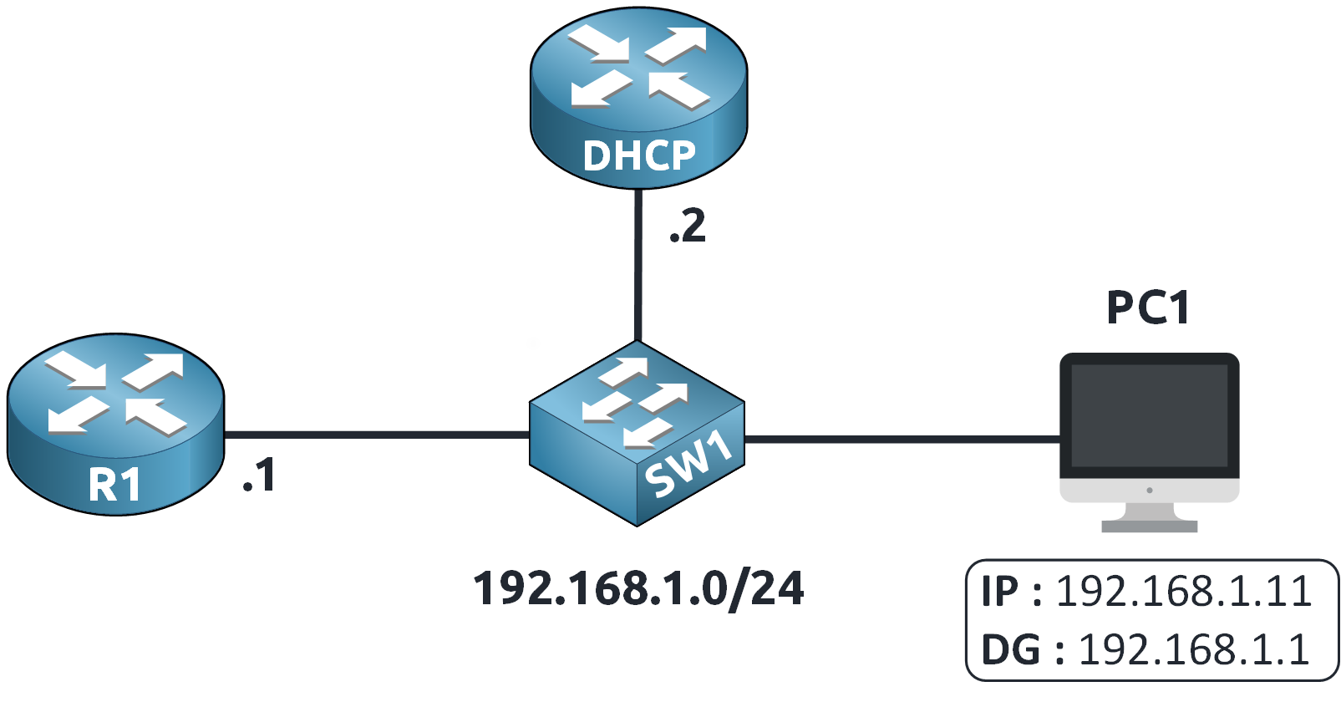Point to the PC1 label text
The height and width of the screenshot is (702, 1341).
click(x=1148, y=308)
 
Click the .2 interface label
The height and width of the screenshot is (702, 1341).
click(x=688, y=226)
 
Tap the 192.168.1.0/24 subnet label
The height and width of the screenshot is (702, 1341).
click(x=638, y=588)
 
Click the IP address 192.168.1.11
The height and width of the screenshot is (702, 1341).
click(x=1184, y=592)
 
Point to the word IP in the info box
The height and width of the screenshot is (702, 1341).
click(x=1000, y=592)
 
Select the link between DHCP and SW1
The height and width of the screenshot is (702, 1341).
click(x=637, y=267)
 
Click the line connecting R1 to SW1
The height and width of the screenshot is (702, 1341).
click(x=376, y=435)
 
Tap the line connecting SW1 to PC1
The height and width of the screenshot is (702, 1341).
click(x=902, y=438)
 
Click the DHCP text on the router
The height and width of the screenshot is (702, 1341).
click(x=639, y=155)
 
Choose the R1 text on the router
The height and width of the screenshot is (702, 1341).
click(x=114, y=486)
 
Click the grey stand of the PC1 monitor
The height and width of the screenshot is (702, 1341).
click(x=1150, y=518)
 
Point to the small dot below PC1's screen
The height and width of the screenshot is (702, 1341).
click(x=1150, y=491)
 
